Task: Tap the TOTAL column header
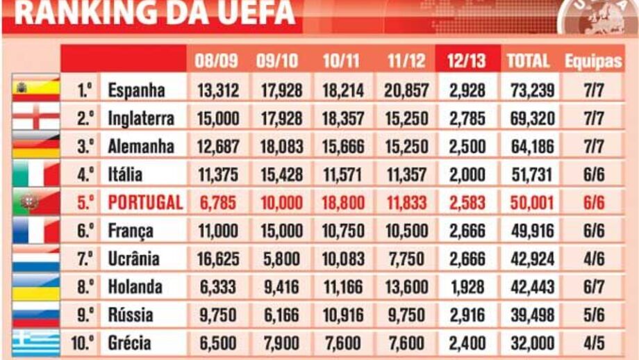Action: tap(529, 60)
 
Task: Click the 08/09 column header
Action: tap(217, 60)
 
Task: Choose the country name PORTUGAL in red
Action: tap(145, 202)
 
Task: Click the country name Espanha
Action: tap(136, 90)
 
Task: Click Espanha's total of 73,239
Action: tap(529, 90)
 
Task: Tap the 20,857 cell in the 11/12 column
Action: tap(405, 90)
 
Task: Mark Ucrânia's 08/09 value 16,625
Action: tap(217, 259)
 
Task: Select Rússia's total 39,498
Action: tap(529, 315)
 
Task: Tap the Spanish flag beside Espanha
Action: tap(36, 89)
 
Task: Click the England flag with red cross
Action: tap(36, 117)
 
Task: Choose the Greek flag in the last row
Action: tap(36, 343)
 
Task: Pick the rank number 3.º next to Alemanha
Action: tap(85, 147)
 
